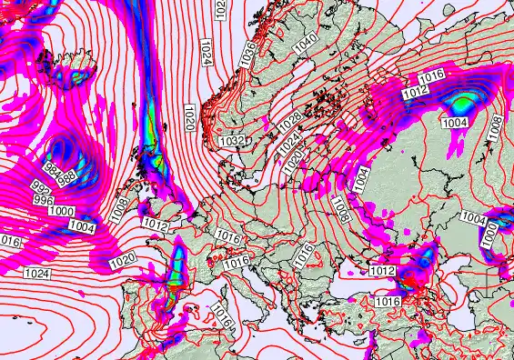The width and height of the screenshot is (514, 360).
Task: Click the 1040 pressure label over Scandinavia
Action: tap(305, 41)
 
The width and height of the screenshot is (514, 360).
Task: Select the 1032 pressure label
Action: tap(231, 141)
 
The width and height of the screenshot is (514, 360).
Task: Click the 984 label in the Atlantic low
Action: tap(54, 170)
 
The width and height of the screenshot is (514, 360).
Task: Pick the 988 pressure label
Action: tap(66, 178)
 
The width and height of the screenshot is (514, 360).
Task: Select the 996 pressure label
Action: tap(44, 199)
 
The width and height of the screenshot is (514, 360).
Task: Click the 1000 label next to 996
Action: tap(61, 211)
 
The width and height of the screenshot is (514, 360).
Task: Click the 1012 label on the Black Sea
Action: tap(382, 271)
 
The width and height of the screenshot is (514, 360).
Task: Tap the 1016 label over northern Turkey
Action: tap(388, 301)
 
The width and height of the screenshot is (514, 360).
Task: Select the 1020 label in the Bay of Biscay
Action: tap(122, 260)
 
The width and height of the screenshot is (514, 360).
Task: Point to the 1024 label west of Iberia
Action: tap(37, 273)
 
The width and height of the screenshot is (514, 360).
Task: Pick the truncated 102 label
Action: tap(220, 7)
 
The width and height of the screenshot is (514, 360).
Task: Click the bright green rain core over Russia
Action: tap(466, 102)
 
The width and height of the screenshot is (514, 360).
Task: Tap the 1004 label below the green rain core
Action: tap(454, 122)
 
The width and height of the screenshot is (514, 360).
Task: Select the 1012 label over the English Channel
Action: tap(156, 224)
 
